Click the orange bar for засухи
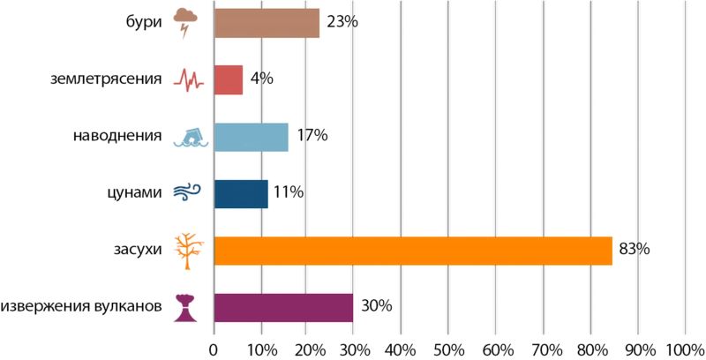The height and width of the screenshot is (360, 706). [412, 250]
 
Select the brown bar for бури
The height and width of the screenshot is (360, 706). [267, 23]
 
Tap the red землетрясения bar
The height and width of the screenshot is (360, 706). [228, 79]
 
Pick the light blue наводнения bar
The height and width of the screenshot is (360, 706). [251, 137]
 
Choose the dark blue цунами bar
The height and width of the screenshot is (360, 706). [240, 193]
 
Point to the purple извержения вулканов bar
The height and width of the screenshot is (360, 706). [283, 307]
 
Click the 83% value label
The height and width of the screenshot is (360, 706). [634, 250]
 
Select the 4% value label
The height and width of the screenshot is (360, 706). [262, 79]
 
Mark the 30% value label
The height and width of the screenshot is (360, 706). [376, 307]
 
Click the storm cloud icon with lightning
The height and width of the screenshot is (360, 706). [186, 22]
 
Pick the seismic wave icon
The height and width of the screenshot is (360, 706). [188, 80]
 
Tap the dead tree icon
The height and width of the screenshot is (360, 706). [186, 251]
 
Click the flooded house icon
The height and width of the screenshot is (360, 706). [189, 137]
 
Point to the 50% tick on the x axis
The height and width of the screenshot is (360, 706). [447, 349]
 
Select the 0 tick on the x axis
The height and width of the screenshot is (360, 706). [214, 349]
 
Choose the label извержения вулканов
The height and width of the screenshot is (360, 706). [81, 307]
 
